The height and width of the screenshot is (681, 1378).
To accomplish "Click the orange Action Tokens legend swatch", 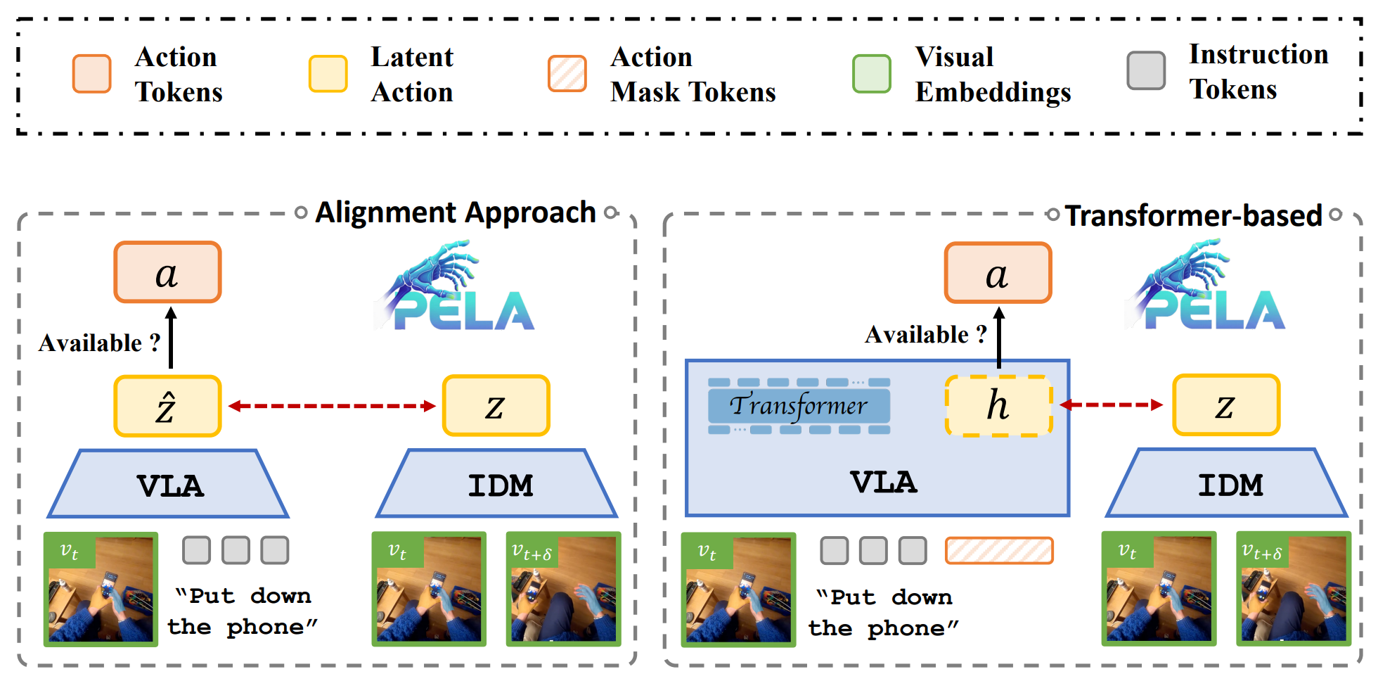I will pos(92,74).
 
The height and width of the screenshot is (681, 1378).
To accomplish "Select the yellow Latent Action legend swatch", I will pos(328,74).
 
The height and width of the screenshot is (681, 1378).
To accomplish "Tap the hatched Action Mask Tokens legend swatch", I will pos(567,74).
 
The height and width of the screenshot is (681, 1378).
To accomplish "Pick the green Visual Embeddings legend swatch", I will pos(872,74).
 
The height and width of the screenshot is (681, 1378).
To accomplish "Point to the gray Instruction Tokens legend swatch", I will pos(1146,71).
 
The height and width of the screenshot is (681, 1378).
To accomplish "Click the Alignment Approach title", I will pos(456,212).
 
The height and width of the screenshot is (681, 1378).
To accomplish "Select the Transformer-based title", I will pos(1193,215).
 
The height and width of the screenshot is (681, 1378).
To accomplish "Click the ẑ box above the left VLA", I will pos(168,406).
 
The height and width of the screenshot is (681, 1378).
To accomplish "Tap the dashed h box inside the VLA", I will pos(998,405).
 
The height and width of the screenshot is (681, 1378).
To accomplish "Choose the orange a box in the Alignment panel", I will pos(168,273).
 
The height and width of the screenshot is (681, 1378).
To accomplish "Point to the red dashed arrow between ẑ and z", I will pos(332,406).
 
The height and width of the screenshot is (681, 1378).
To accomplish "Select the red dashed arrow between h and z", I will pos(1111,405).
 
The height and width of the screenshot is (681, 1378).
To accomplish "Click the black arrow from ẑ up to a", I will pos(171,338).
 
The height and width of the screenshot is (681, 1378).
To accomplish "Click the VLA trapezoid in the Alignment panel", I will pos(169,485).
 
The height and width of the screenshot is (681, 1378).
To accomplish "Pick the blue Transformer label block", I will pos(799,406).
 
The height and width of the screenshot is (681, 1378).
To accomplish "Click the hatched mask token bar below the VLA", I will pos(999,551).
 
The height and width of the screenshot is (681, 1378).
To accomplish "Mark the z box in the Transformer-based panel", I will pos(1226,405).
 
